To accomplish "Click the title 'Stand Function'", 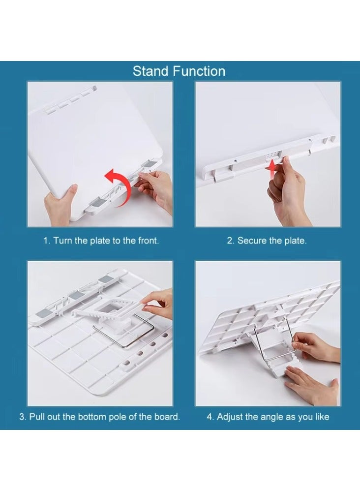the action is tap(179, 71).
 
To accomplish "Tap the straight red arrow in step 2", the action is tap(272, 169).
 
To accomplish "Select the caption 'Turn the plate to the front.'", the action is tap(106, 241).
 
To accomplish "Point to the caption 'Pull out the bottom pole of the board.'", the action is tap(105, 417).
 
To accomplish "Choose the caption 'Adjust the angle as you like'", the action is tap(273, 417).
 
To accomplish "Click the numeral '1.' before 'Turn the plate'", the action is tap(47, 241).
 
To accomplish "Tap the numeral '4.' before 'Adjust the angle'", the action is tap(210, 417).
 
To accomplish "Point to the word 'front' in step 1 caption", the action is tap(147, 241).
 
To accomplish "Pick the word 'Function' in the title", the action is tap(199, 71).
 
